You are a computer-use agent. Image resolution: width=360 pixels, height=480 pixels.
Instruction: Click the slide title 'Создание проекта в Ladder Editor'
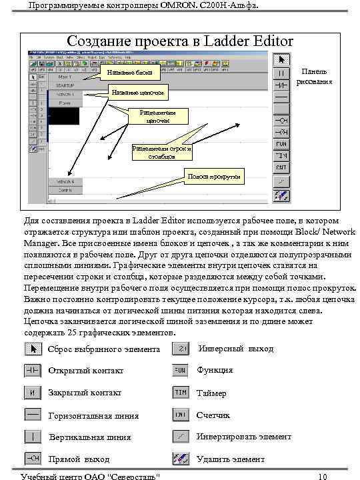[x=180, y=41]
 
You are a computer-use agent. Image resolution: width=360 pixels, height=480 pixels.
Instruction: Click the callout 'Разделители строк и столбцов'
[x=162, y=153]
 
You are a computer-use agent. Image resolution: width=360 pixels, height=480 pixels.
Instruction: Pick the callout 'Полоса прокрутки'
[x=215, y=177]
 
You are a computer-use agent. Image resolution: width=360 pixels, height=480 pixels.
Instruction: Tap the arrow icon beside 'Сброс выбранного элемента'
[x=33, y=349]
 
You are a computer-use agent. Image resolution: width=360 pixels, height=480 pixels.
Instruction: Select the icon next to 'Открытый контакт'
[x=33, y=371]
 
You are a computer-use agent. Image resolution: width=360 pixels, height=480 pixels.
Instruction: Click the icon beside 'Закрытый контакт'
[x=33, y=393]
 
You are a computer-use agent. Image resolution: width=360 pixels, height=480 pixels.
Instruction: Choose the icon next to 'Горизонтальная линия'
[x=33, y=415]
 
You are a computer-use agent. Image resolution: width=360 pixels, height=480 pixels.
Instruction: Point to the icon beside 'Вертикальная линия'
[x=33, y=437]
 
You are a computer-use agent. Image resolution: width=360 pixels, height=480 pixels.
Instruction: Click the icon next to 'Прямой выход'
[x=33, y=459]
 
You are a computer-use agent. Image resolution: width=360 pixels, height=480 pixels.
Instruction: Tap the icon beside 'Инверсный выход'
[x=181, y=349]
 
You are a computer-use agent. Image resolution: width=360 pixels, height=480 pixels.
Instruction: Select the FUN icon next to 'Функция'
[x=181, y=371]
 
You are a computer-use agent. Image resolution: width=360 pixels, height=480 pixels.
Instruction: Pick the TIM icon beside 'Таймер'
[x=181, y=393]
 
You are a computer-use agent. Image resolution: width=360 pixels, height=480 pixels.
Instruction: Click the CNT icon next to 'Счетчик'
[x=181, y=415]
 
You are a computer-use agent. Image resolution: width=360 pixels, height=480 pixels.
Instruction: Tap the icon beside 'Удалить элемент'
[x=181, y=459]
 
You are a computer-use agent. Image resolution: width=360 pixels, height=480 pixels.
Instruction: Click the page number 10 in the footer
[x=323, y=476]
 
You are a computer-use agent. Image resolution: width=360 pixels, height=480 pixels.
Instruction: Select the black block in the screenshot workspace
[x=65, y=116]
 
